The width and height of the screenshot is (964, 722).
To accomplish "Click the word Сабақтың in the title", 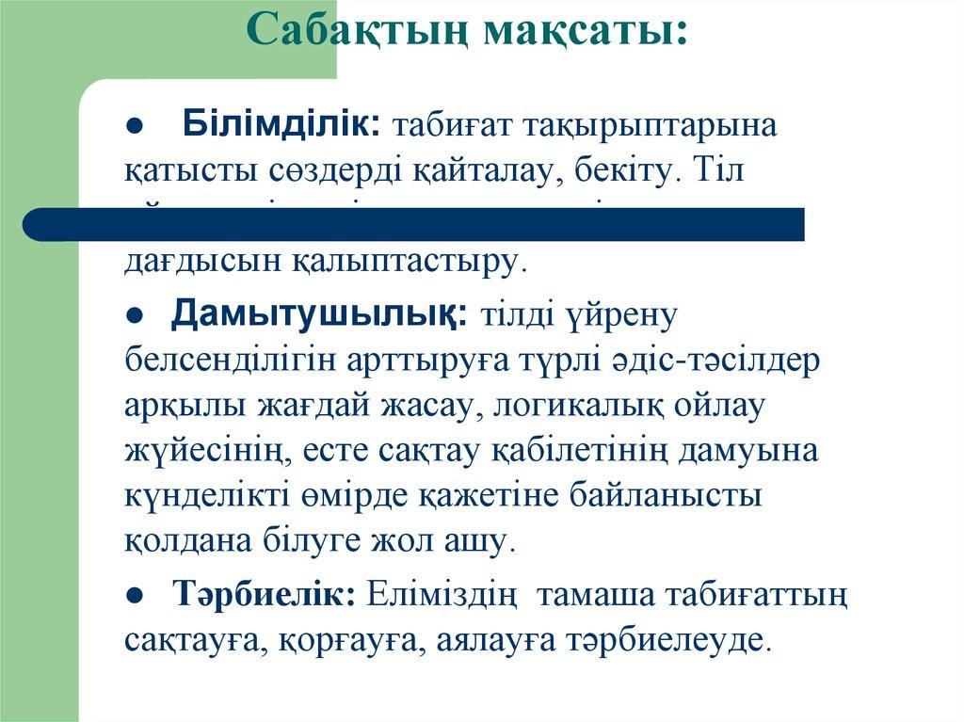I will click(358, 31).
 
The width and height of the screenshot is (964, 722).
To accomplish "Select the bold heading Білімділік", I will click(281, 123).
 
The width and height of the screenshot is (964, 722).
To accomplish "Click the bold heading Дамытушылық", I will click(318, 313).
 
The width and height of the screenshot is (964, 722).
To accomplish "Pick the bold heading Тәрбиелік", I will click(265, 594).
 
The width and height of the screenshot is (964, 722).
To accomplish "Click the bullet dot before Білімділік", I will click(135, 126).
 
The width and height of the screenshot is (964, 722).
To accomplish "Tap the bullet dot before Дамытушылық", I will click(135, 316).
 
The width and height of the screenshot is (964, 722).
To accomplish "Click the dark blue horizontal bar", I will click(414, 224).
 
